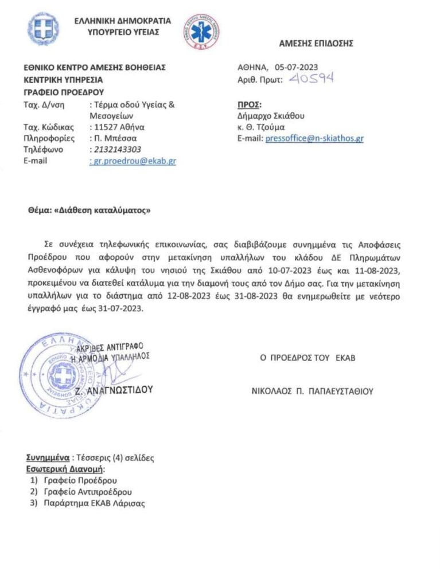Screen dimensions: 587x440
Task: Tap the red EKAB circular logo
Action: (202, 31)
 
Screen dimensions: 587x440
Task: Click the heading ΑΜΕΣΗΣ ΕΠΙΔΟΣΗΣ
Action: (316, 43)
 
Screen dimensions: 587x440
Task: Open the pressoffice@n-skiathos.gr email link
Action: (314, 138)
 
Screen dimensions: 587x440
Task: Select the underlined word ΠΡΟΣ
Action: (249, 104)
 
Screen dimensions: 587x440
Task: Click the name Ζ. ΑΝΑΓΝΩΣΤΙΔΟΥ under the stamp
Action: (115, 389)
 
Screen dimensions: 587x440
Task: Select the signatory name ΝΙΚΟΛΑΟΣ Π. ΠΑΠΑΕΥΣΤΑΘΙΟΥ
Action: (312, 392)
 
